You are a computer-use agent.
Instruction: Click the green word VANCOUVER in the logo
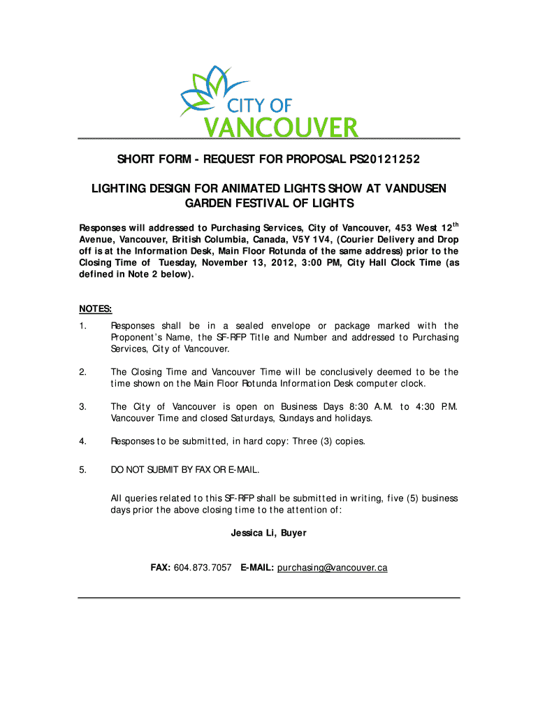[x=280, y=128]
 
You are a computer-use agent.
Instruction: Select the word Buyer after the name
[x=293, y=533]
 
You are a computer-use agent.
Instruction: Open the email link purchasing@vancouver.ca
[x=332, y=568]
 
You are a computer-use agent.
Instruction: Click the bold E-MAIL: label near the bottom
[x=257, y=568]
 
